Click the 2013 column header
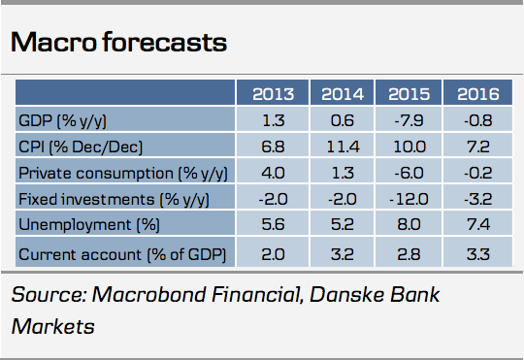pyautogui.click(x=273, y=94)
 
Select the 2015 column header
pyautogui.click(x=409, y=94)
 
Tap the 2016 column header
pyautogui.click(x=477, y=94)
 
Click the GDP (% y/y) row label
pyautogui.click(x=62, y=120)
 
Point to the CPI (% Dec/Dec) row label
pyautogui.click(x=81, y=147)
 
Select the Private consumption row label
pyautogui.click(x=123, y=173)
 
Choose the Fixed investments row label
pyautogui.click(x=114, y=199)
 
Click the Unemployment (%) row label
pyautogui.click(x=89, y=224)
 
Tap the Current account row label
pyautogui.click(x=122, y=254)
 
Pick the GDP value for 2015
pyautogui.click(x=409, y=120)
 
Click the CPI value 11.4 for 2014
pyautogui.click(x=343, y=147)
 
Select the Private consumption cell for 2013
pyautogui.click(x=273, y=173)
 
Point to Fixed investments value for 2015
pyautogui.click(x=409, y=199)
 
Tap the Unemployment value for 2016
pyautogui.click(x=478, y=224)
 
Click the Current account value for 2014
pyautogui.click(x=343, y=254)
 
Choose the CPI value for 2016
pyautogui.click(x=478, y=147)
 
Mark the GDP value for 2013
pyautogui.click(x=274, y=120)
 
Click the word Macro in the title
pyautogui.click(x=53, y=42)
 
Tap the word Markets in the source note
pyautogui.click(x=52, y=326)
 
